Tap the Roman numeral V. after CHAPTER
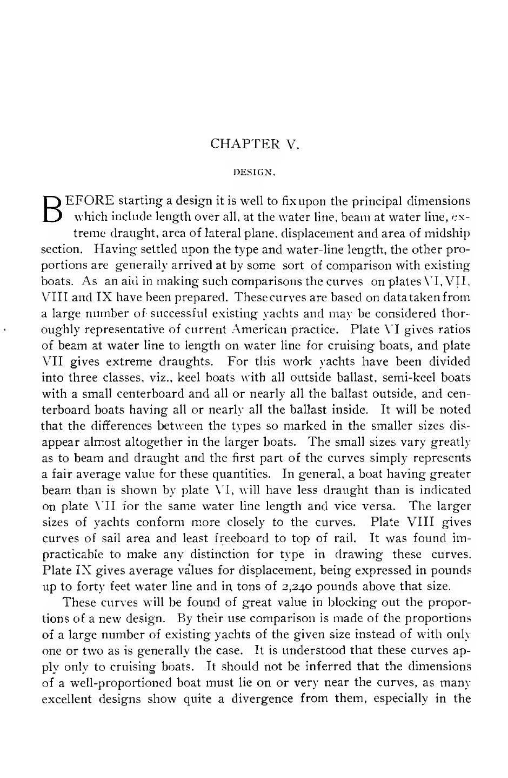pyautogui.click(x=291, y=144)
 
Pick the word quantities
pyautogui.click(x=236, y=474)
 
